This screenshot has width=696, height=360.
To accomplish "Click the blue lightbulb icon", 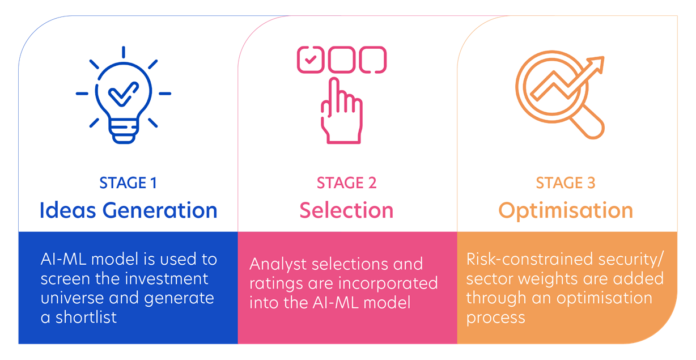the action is tap(124, 103).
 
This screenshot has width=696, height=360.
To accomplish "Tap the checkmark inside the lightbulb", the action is tap(124, 94).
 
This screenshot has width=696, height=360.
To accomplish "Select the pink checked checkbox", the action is tap(311, 60).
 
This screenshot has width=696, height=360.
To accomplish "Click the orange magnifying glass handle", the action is tap(587, 122).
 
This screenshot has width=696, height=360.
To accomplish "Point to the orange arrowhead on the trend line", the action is tap(596, 64).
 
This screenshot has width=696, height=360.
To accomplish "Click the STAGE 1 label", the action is tap(128, 183).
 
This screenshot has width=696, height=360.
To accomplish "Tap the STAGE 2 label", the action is tap(346, 183).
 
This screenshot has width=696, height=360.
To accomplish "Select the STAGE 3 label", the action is tap(566, 183).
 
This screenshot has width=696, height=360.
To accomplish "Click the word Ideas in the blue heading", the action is tap(68, 210).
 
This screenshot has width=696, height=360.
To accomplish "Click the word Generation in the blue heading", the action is tap(160, 210).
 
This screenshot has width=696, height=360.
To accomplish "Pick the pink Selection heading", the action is tap(346, 210).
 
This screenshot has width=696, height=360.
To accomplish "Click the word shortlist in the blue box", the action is tap(86, 317).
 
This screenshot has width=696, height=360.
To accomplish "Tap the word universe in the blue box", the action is tap(71, 298).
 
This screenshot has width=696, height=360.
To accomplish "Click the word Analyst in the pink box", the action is tap(278, 265).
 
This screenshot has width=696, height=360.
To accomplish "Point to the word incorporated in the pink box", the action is tap(388, 284).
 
